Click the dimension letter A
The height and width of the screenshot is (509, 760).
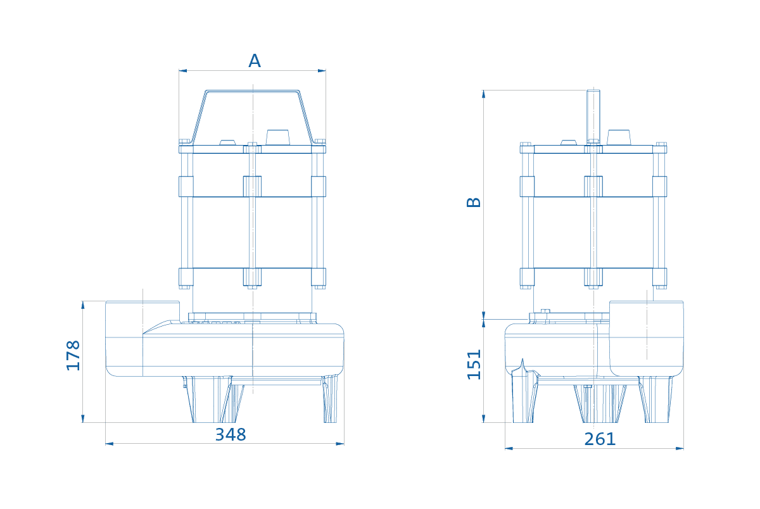(x=255, y=61)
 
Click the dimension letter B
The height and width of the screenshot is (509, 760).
(x=474, y=202)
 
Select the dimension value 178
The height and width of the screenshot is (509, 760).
(x=73, y=355)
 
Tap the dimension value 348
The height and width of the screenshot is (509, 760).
(x=231, y=434)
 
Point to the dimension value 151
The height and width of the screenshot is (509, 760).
(x=474, y=364)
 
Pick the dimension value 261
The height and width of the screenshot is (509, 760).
(x=600, y=439)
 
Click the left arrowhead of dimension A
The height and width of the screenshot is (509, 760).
(x=183, y=71)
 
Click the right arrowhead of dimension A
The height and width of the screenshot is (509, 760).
(x=322, y=71)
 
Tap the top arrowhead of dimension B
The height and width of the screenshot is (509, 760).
(x=483, y=94)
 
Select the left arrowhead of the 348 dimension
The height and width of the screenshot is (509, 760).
(x=110, y=444)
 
